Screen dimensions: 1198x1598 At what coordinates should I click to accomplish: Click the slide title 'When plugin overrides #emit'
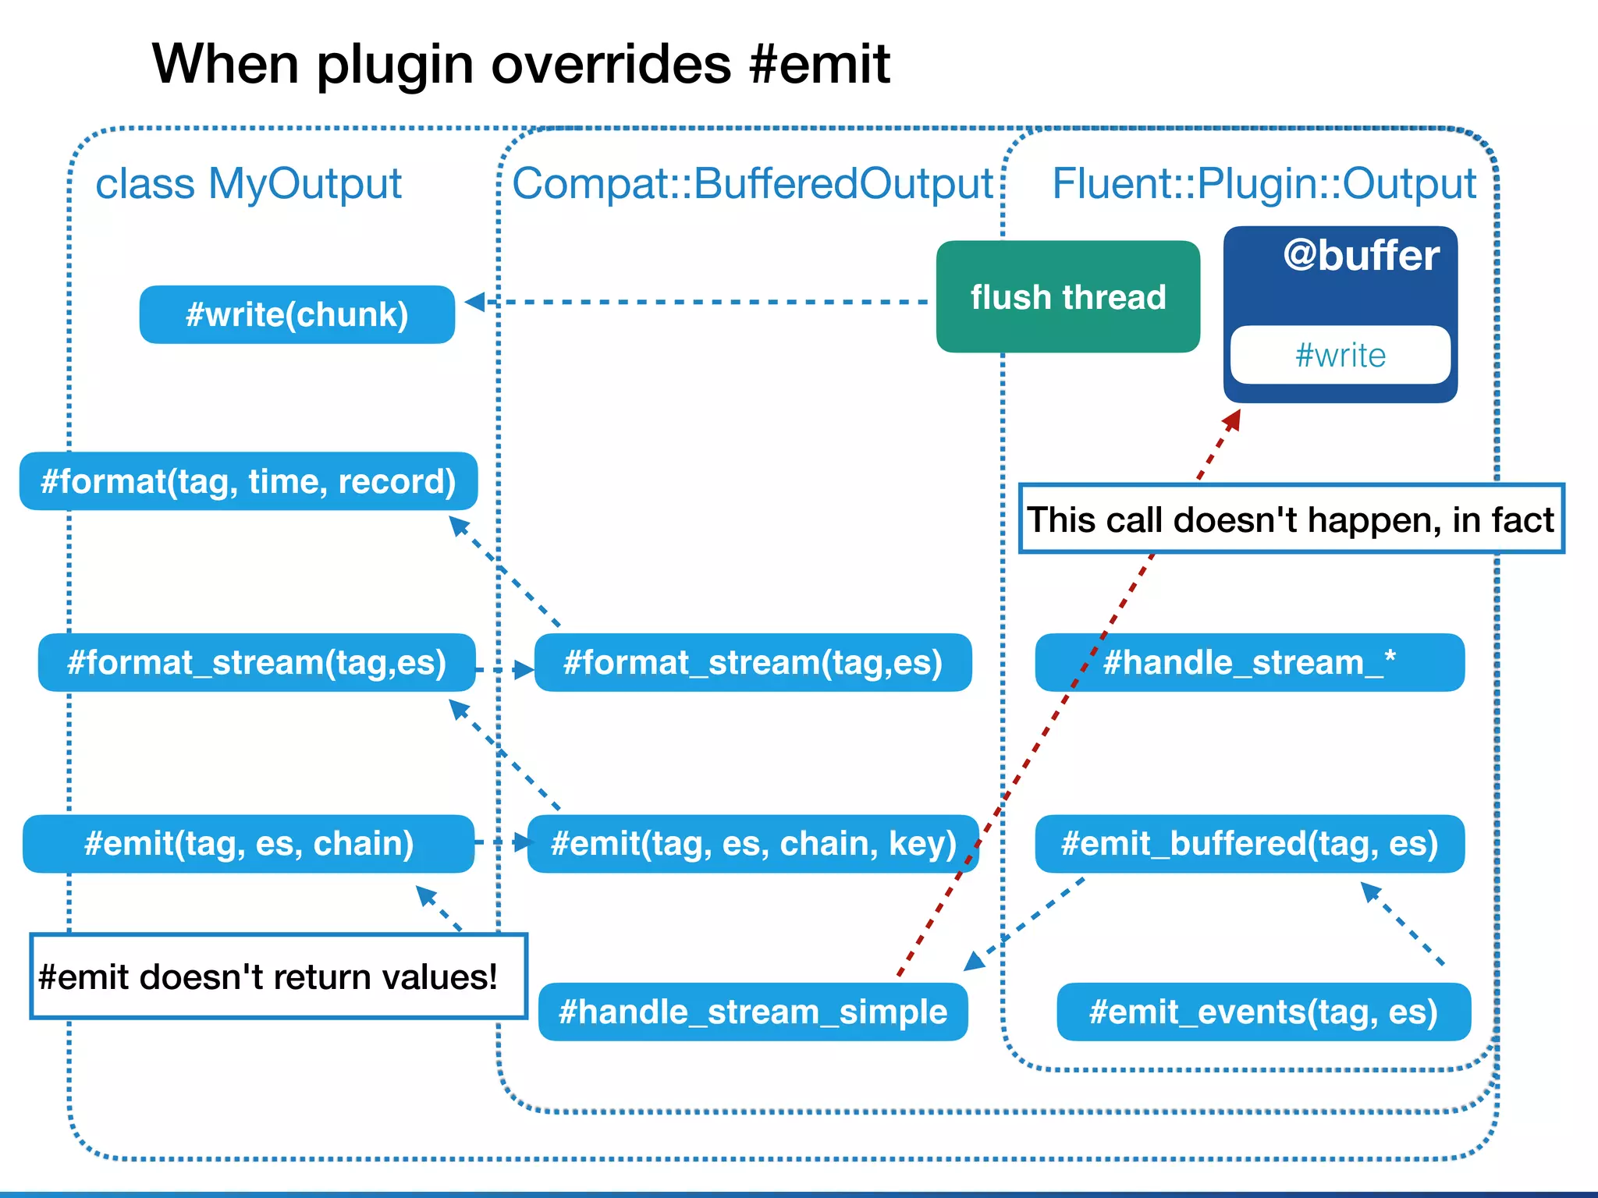(x=520, y=64)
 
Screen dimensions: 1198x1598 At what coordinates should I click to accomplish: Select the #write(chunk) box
(x=297, y=315)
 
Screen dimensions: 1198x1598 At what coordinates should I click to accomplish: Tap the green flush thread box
(x=1067, y=297)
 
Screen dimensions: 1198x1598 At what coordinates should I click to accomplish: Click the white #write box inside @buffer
(x=1340, y=356)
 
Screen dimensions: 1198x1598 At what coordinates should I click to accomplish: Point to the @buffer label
(x=1361, y=256)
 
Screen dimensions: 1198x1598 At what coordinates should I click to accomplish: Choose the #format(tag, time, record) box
(x=248, y=481)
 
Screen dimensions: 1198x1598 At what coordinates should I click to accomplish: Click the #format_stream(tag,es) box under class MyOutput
(x=256, y=663)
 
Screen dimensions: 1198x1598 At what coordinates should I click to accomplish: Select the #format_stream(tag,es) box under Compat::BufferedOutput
(x=753, y=663)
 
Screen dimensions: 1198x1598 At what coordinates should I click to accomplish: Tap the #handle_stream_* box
(x=1249, y=663)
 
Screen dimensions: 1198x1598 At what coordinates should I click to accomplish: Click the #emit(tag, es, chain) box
(x=248, y=844)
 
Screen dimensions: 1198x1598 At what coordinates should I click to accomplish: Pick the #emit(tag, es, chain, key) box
(x=753, y=844)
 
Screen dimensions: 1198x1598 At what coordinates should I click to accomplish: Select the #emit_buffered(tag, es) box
(x=1249, y=844)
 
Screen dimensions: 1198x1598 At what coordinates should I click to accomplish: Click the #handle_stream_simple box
(x=753, y=1012)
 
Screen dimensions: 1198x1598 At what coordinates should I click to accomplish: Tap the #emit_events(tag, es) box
(x=1263, y=1012)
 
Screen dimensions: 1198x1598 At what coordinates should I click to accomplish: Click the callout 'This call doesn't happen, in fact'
(x=1291, y=519)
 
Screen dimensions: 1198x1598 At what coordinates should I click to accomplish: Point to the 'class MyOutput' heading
(x=248, y=184)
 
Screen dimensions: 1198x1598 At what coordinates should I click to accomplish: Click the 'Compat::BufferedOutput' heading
(x=752, y=184)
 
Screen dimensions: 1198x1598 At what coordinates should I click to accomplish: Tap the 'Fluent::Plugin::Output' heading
(x=1263, y=184)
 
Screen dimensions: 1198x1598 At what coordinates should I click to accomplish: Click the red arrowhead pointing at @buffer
(x=1232, y=420)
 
